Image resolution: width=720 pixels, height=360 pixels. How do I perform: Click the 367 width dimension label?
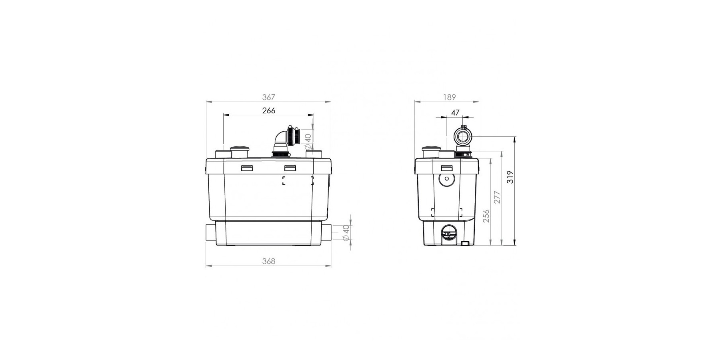[x=269, y=97]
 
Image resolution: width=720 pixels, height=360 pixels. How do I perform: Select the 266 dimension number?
[x=269, y=110]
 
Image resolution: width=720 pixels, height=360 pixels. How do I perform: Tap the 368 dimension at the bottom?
[x=269, y=261]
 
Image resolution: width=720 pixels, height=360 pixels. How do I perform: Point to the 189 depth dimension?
[x=450, y=97]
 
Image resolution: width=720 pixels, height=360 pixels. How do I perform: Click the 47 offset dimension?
[x=455, y=113]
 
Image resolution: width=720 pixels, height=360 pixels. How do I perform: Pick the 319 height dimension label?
[x=510, y=177]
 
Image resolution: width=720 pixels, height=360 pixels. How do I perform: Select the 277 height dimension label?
[x=497, y=197]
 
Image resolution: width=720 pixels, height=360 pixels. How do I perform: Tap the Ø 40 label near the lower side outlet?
[x=346, y=233]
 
